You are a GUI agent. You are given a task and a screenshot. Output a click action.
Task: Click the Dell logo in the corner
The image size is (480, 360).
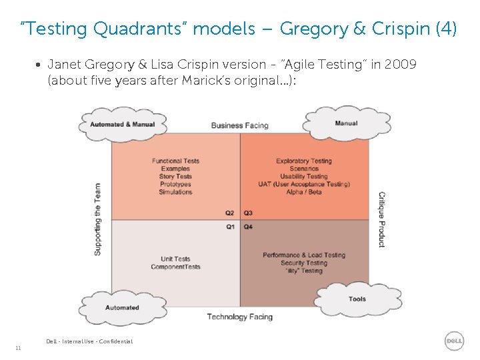click(x=454, y=341)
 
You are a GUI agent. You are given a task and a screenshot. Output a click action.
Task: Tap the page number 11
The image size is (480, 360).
click(x=18, y=348)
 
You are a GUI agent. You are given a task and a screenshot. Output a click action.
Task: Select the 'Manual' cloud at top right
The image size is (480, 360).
click(x=346, y=123)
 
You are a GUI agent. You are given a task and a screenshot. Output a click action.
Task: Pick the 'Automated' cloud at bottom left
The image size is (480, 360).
click(x=122, y=307)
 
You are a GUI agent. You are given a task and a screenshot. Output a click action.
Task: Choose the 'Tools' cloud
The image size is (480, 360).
click(x=357, y=299)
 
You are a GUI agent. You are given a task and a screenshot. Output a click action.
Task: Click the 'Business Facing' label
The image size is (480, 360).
click(x=239, y=125)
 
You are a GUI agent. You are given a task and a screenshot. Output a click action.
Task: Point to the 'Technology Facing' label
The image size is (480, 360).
click(x=239, y=317)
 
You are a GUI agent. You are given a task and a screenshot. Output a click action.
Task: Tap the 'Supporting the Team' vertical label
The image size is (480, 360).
click(x=98, y=219)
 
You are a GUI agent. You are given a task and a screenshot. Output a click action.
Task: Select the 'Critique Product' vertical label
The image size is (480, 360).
click(x=381, y=219)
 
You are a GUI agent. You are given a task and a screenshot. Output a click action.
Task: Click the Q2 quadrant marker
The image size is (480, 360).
click(x=229, y=213)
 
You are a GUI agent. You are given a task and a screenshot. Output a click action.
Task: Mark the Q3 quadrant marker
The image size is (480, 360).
click(x=248, y=213)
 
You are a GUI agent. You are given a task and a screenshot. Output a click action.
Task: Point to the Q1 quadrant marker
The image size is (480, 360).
click(x=229, y=227)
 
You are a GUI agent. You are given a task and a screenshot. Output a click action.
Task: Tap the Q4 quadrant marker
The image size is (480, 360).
click(x=248, y=227)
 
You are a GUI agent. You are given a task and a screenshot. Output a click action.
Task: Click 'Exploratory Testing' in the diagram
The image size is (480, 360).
click(x=303, y=161)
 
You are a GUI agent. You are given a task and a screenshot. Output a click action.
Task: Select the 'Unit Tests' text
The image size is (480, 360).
click(x=175, y=259)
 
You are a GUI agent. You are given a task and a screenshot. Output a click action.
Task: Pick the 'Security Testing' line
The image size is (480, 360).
click(x=304, y=263)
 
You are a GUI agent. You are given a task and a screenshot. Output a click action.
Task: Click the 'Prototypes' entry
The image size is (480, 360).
click(x=175, y=184)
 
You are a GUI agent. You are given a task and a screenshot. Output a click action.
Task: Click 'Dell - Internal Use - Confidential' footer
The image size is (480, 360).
click(x=89, y=341)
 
